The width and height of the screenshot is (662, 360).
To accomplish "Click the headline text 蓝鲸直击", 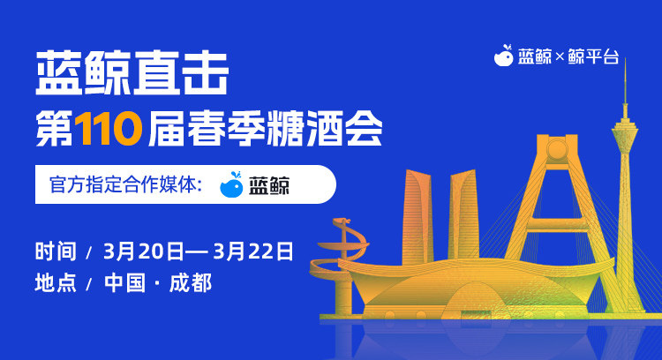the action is tap(132, 73).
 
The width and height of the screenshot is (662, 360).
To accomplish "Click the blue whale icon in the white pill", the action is tap(232, 184).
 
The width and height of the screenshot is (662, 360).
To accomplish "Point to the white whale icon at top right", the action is tap(504, 56).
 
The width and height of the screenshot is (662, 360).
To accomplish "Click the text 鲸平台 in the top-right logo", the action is tap(593, 56).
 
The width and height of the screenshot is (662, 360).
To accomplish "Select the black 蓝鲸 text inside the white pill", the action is tap(269, 185).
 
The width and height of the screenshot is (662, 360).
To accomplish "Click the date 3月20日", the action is tap(144, 251).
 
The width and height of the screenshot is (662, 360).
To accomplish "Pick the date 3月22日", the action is tap(253, 251).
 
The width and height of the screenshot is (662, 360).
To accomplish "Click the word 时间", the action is tap(56, 251).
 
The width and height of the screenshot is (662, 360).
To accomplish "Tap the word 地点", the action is tap(56, 282).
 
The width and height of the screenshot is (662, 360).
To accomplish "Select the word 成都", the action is tap(191, 282).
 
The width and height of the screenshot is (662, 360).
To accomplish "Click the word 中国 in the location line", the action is tap(125, 282).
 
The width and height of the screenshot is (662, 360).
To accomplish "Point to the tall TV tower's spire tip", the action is tap(625, 58).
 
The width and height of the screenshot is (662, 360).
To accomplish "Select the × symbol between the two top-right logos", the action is tap(560, 57).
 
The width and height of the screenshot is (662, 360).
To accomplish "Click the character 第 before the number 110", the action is tap(54, 129).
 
